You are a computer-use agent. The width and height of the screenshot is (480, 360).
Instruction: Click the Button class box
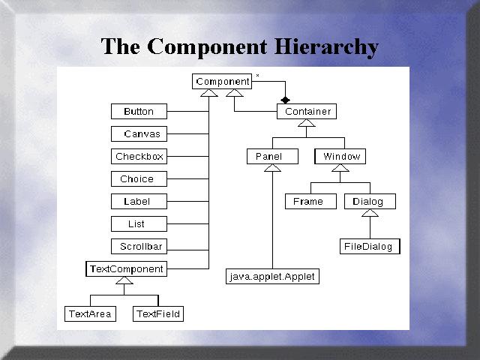pos(138,112)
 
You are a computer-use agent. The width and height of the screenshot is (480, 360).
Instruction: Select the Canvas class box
pos(138,134)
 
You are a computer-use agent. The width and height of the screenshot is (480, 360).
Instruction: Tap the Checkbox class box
pos(139,157)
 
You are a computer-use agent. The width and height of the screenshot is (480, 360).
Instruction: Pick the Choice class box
pos(138,179)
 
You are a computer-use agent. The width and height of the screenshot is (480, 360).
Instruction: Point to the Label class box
pos(138,202)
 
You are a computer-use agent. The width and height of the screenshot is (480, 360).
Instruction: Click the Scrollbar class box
pos(139,247)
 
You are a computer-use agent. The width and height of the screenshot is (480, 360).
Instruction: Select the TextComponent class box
pos(126,268)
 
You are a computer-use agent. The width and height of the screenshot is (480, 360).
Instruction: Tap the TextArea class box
pos(90,314)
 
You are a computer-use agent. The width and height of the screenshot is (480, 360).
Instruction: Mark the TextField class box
pos(158,314)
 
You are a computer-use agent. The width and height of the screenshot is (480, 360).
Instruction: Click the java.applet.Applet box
pos(272,277)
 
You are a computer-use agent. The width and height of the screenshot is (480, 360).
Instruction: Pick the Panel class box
pos(268,157)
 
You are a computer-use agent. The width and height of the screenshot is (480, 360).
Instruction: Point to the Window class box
pos(340,157)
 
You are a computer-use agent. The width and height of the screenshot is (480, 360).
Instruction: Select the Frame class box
pos(308,202)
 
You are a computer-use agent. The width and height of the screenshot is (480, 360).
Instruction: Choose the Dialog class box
pos(369,202)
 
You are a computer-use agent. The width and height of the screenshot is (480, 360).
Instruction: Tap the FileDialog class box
pos(368,246)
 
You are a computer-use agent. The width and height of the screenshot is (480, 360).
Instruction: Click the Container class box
pos(307,112)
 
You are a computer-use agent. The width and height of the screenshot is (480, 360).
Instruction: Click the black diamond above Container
pos(284,100)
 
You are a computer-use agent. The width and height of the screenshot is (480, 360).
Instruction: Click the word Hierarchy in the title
pos(325,46)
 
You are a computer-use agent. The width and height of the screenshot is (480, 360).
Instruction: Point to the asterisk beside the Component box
pos(258,76)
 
